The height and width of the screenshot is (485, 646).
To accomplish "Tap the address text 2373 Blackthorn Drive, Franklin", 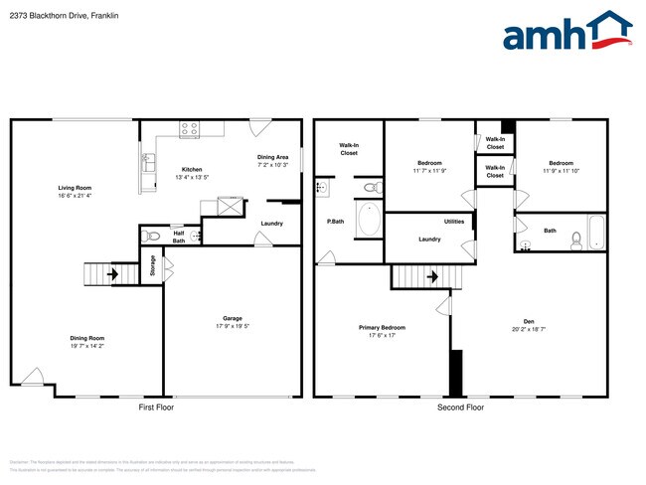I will click(x=62, y=16).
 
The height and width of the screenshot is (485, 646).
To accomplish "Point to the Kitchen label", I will click(x=191, y=170).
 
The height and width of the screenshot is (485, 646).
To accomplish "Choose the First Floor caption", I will click(x=156, y=407).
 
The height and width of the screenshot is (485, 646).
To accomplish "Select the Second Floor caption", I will click(x=460, y=407).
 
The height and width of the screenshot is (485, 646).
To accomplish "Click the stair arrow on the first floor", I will click(x=112, y=274).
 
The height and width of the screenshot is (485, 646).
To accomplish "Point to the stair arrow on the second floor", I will click(x=432, y=277).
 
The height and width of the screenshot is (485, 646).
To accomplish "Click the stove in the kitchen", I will click(x=190, y=128).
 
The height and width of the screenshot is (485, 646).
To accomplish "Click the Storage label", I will click(x=152, y=265).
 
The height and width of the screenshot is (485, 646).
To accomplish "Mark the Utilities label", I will click(x=453, y=222).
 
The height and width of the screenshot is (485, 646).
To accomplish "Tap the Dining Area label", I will click(x=273, y=157).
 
